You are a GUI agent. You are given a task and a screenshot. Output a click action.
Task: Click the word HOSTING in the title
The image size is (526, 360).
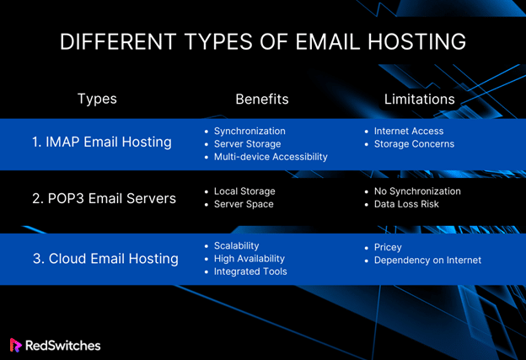coord(416,41)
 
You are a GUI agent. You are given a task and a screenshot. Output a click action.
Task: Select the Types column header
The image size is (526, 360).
coord(97,99)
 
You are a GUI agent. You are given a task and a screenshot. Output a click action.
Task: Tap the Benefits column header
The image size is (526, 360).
coord(262,99)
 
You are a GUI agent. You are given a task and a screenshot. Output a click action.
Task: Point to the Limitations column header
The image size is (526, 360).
coord(419,99)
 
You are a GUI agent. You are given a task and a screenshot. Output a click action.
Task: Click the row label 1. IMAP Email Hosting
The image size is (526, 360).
coord(102,142)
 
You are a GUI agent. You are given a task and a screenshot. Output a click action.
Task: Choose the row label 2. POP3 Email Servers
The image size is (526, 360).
coord(104,198)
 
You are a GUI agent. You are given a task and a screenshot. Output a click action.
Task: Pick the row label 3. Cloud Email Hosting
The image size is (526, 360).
coord(105,259)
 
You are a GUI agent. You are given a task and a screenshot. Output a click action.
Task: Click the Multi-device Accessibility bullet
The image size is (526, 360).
coord(271,157)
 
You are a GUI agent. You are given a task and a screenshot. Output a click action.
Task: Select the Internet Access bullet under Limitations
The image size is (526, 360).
coord(409,131)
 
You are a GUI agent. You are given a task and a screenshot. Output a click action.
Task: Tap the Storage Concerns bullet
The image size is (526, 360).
coord(414,144)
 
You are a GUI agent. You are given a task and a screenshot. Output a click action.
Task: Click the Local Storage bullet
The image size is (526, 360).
coord(244,191)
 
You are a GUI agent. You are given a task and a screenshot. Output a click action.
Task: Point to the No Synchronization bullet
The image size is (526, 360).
coord(417,191)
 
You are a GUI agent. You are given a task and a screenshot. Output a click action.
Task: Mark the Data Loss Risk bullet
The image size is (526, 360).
coord(406,204)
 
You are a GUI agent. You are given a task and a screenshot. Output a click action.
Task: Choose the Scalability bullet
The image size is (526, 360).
coord(237,246)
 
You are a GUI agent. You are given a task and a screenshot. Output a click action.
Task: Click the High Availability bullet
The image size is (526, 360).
coord(250,259)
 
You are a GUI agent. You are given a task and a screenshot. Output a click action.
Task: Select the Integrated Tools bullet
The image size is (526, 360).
coord(250,271)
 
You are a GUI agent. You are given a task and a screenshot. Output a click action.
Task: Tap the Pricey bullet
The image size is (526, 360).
coord(388,248)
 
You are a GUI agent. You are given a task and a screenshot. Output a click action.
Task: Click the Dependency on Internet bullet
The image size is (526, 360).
coord(427,261)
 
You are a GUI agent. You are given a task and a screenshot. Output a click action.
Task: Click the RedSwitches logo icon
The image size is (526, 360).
coord(15,345)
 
